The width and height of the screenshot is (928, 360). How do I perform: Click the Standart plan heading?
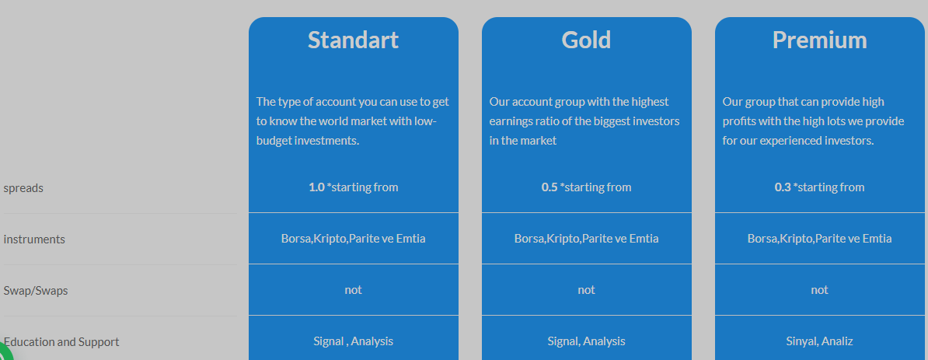click(x=354, y=40)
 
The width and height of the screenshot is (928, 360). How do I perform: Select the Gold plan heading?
click(x=587, y=40)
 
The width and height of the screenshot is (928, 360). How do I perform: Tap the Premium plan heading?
click(x=820, y=40)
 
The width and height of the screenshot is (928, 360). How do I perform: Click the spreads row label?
click(x=23, y=188)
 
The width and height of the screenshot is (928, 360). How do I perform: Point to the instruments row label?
click(x=34, y=239)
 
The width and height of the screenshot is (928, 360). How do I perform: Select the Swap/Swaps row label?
click(x=36, y=291)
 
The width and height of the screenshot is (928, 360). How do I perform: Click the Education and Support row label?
click(x=61, y=341)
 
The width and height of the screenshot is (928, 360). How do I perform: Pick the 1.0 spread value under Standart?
click(x=316, y=187)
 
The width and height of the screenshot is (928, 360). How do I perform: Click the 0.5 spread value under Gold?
click(x=549, y=187)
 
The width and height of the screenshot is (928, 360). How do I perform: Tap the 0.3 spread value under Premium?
click(x=783, y=187)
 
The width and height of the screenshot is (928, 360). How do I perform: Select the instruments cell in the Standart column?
click(x=354, y=239)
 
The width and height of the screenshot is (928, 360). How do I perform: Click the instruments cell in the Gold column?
click(x=587, y=239)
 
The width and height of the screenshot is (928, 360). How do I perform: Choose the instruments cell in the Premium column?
click(x=820, y=239)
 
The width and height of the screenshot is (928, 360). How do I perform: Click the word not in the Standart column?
click(x=354, y=290)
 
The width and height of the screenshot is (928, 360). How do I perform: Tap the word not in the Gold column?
click(x=587, y=290)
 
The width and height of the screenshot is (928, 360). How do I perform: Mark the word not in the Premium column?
click(x=820, y=290)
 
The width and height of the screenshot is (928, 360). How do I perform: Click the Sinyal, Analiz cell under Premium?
click(x=820, y=341)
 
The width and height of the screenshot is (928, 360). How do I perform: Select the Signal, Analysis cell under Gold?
click(x=587, y=341)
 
